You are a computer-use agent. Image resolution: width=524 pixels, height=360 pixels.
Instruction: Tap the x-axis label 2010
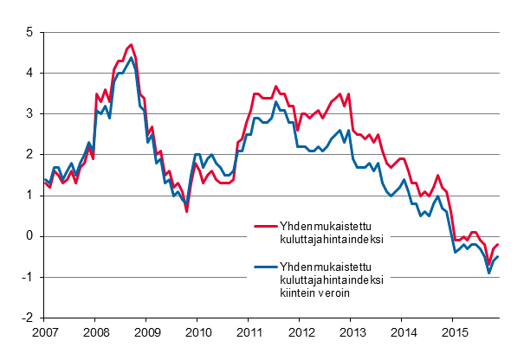(198, 332)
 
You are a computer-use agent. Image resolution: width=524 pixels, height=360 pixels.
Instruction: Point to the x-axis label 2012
(302, 332)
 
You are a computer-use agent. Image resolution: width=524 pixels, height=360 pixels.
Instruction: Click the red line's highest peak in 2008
(131, 44)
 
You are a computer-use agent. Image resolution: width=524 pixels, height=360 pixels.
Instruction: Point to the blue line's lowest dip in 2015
(489, 273)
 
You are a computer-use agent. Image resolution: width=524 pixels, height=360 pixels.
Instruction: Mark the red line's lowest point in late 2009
(186, 210)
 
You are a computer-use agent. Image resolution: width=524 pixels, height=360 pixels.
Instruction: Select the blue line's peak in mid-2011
(276, 102)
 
